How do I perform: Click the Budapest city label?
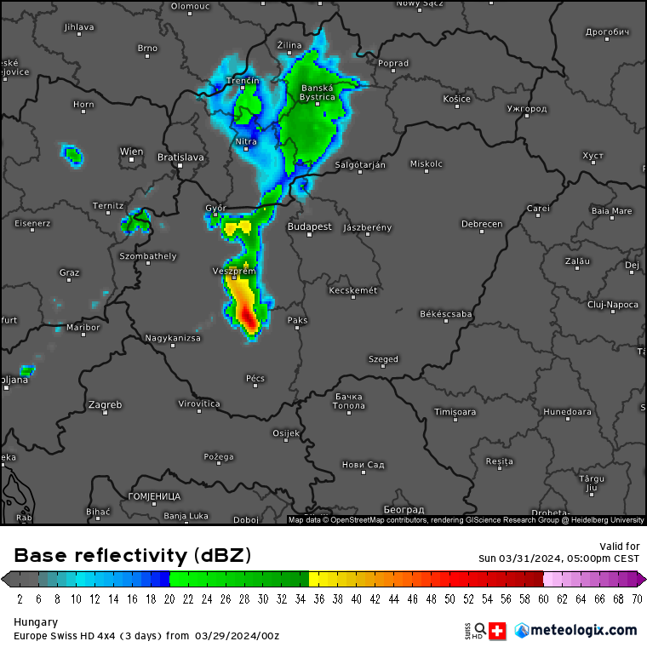tap(309, 227)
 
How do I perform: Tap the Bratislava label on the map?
tap(180, 157)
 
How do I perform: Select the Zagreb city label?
tap(105, 404)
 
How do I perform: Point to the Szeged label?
tap(383, 359)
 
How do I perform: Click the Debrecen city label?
tap(482, 225)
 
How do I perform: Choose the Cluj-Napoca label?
tap(612, 304)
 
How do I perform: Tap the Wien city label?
tap(131, 152)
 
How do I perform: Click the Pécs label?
tap(255, 378)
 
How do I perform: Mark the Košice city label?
tap(456, 100)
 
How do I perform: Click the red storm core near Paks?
tap(249, 319)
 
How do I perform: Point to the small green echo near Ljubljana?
tap(27, 370)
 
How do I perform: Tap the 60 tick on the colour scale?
tap(543, 599)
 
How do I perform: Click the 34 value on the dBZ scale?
tap(301, 599)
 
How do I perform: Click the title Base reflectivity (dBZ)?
tap(133, 556)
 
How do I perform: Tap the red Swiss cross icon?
tap(498, 630)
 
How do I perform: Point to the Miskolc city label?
tap(427, 163)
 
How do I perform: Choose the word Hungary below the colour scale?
tap(36, 622)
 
